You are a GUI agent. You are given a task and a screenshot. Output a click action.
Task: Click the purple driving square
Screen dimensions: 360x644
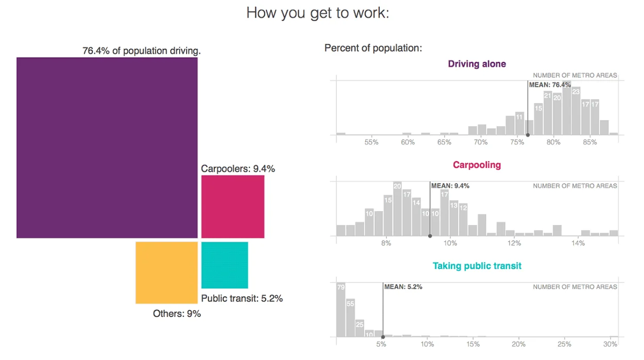pos(107,147)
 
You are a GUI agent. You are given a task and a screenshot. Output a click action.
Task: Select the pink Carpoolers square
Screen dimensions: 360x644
pos(232,207)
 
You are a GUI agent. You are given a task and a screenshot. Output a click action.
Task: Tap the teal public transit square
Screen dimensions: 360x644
pos(224,265)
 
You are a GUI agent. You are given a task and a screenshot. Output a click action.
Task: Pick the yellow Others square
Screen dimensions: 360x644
pos(166,272)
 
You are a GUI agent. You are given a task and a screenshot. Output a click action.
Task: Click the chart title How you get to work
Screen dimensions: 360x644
pos(317,13)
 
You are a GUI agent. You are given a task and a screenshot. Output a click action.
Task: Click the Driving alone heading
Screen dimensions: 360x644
pos(477,64)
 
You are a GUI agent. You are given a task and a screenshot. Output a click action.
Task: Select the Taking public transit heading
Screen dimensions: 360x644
pos(477,266)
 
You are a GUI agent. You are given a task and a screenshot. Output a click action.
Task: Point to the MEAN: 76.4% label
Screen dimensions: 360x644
pos(550,84)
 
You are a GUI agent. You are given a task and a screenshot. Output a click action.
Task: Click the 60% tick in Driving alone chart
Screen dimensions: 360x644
pos(408,142)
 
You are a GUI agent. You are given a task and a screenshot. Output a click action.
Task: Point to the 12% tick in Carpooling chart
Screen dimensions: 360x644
pos(514,243)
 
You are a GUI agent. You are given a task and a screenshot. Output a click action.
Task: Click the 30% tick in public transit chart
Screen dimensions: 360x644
pos(610,344)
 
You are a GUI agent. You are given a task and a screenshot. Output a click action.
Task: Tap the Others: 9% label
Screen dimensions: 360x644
pos(177,313)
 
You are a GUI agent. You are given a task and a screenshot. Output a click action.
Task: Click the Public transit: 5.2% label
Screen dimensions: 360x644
pos(242,298)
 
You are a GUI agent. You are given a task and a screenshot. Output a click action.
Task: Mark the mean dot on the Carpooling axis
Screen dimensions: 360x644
pos(430,236)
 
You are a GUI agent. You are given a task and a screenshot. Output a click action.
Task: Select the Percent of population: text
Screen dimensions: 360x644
pos(373,48)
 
